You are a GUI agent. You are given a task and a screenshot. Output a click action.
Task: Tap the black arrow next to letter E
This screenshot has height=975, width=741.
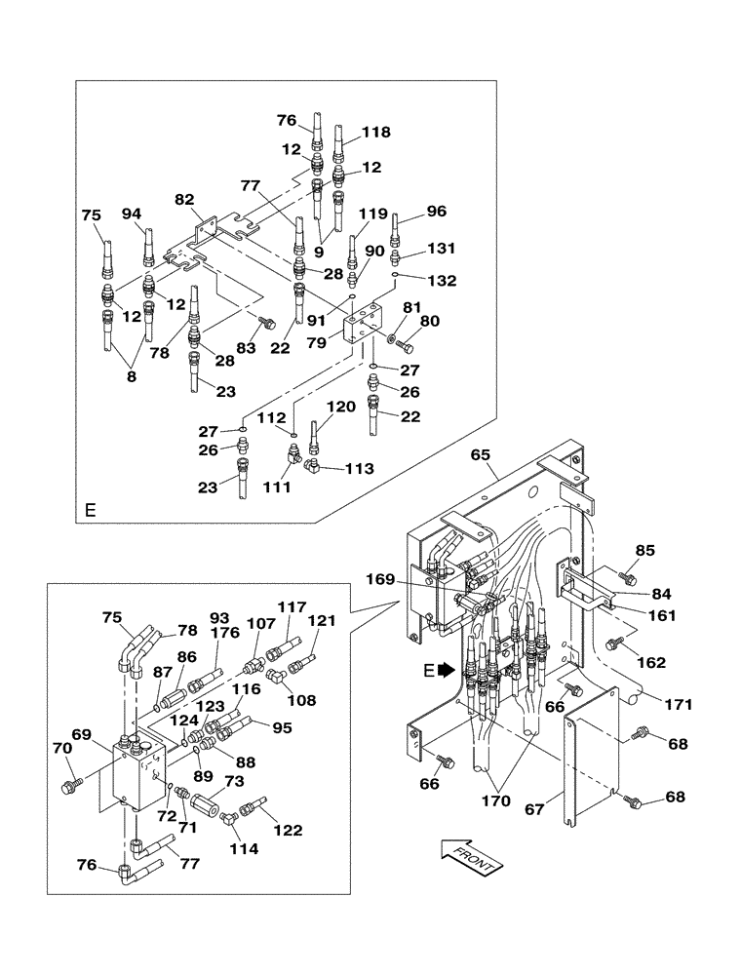(447, 671)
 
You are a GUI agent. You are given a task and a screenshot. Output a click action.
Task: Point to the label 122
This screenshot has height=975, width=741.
(289, 830)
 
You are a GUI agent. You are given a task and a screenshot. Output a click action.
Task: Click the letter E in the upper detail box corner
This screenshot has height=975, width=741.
(91, 510)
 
